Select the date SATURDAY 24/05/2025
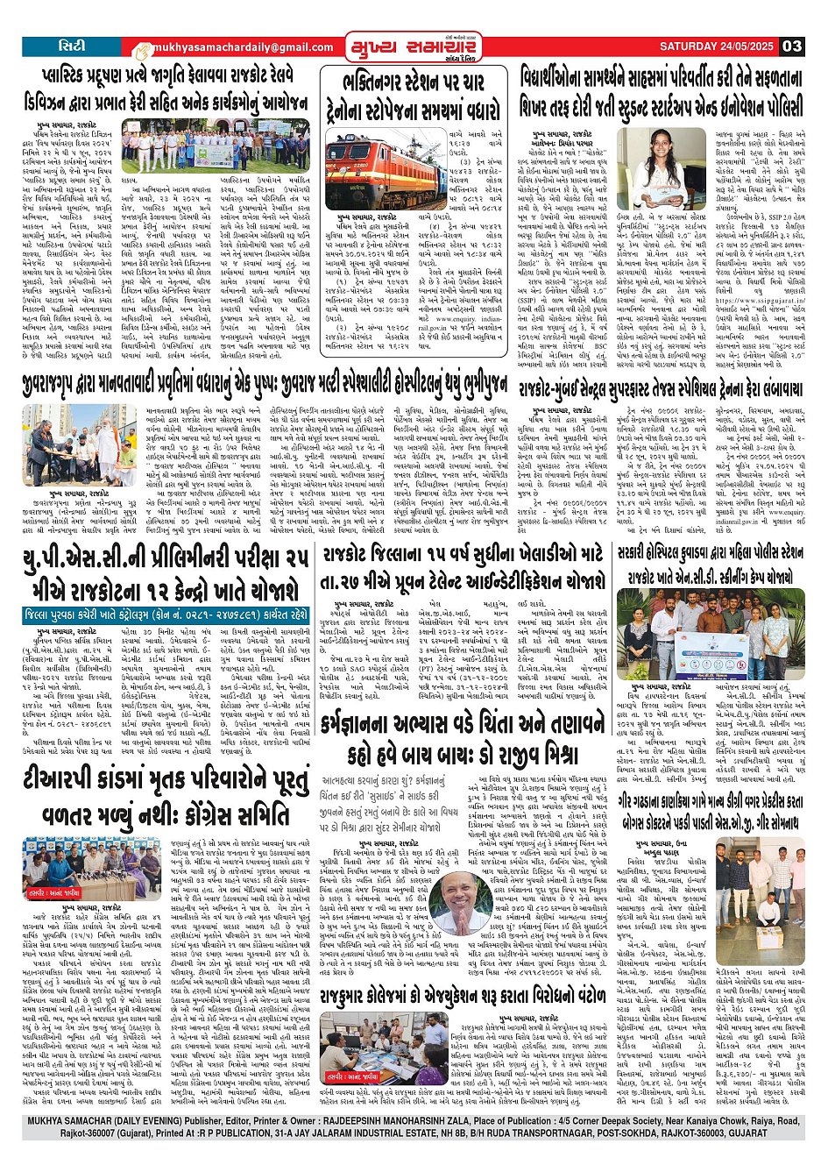coord(717,46)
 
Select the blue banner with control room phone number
coord(166,615)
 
